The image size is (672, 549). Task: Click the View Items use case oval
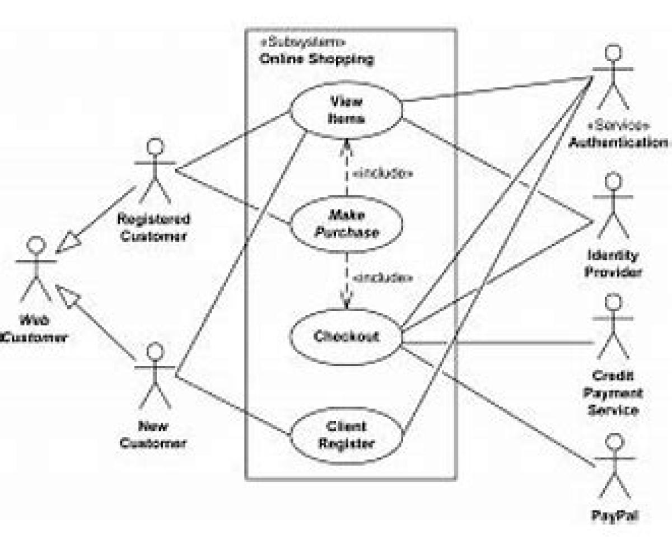click(346, 110)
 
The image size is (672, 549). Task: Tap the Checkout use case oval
click(346, 337)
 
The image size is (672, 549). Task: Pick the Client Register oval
click(346, 435)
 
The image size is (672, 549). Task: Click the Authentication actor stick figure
click(614, 78)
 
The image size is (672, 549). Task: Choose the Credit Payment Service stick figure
click(614, 327)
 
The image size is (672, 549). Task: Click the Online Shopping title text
click(316, 59)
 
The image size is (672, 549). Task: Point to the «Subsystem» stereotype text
click(302, 43)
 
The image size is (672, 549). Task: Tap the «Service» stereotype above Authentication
click(618, 125)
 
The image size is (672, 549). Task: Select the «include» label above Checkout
click(384, 277)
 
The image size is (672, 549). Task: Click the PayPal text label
click(614, 515)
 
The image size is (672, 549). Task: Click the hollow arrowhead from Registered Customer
click(66, 244)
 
